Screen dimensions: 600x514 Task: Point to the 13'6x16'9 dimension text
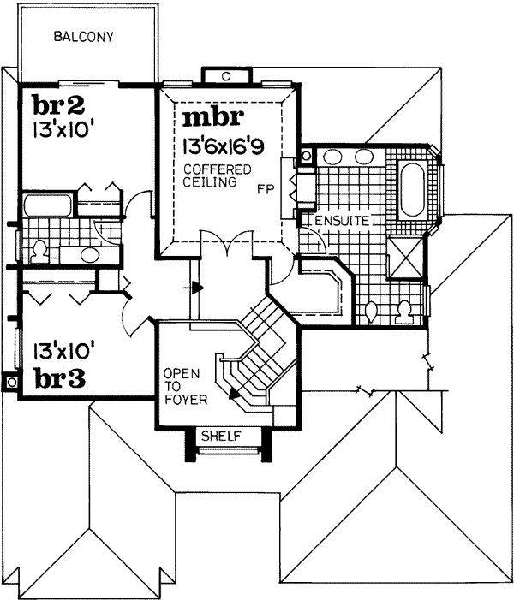pyautogui.click(x=221, y=146)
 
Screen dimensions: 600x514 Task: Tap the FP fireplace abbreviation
pyautogui.click(x=265, y=190)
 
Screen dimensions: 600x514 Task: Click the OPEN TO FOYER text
pyautogui.click(x=182, y=385)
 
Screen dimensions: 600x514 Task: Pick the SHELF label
pyautogui.click(x=220, y=437)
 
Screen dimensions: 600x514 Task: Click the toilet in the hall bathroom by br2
pyautogui.click(x=39, y=251)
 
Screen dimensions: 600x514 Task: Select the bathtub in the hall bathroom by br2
pyautogui.click(x=45, y=205)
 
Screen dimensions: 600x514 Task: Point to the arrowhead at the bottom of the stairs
pyautogui.click(x=232, y=394)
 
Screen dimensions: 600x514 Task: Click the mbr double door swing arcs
pyautogui.click(x=226, y=244)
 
